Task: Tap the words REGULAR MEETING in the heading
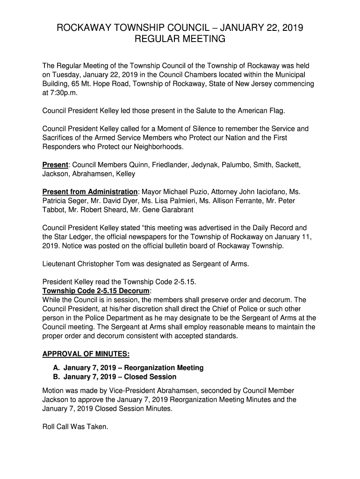[x=180, y=40]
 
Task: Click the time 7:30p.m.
[x=59, y=93]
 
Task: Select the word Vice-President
[x=124, y=390]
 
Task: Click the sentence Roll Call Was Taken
[x=75, y=426]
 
